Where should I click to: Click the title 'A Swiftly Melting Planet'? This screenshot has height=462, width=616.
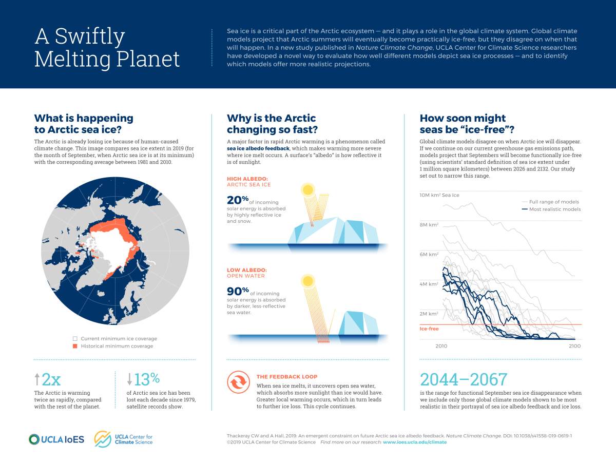click(107, 48)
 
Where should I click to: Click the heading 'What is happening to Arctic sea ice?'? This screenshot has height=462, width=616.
click(83, 124)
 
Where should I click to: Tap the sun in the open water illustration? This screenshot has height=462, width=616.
click(307, 281)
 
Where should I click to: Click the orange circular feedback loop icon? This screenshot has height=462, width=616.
click(238, 382)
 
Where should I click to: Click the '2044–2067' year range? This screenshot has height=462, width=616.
click(464, 379)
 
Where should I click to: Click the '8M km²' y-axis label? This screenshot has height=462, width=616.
click(429, 224)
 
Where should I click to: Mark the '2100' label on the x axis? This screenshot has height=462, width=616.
click(574, 346)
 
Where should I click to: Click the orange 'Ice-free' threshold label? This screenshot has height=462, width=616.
click(429, 329)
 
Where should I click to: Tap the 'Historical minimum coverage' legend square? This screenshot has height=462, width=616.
click(75, 346)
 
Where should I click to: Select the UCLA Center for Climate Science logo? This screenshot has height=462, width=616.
click(123, 439)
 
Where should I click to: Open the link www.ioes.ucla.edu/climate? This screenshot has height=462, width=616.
click(415, 442)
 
